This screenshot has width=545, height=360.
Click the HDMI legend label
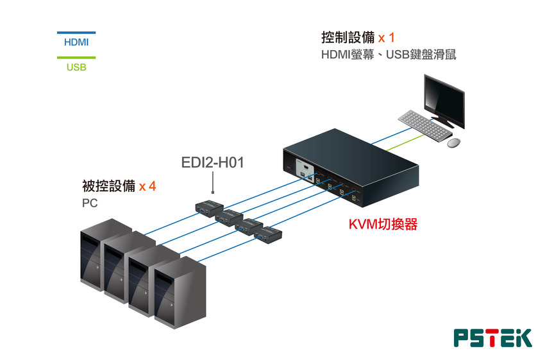[x=76, y=42]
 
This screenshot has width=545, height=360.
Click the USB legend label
[x=76, y=67]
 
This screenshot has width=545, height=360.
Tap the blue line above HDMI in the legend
[x=76, y=33]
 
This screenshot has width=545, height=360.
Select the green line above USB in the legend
[x=76, y=58]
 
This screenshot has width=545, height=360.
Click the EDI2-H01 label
[x=213, y=162]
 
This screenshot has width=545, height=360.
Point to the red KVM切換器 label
[x=383, y=225]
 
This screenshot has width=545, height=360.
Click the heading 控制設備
[x=348, y=37]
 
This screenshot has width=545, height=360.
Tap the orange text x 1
[x=386, y=38]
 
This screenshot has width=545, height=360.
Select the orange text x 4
[x=147, y=187]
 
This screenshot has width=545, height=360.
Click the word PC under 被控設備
[x=90, y=203]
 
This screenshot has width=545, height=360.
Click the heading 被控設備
[x=109, y=186]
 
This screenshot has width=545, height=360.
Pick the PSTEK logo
[x=493, y=338]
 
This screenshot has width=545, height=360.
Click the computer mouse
[x=453, y=142]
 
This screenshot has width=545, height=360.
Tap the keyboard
[x=425, y=126]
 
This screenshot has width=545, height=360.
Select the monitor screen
[x=444, y=100]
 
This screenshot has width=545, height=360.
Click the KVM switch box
[x=351, y=167]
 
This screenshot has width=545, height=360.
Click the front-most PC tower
[x=180, y=293]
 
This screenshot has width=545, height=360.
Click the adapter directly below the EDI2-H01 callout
[x=209, y=208]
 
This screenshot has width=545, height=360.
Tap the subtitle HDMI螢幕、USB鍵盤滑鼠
[x=389, y=55]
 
